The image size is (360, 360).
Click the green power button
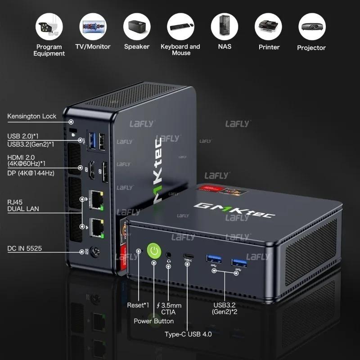click(154, 251)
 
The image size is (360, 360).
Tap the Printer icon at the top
click(269, 27)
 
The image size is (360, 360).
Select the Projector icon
click(312, 27)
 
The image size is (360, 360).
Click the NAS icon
click(225, 27)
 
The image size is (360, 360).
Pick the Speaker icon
click(137, 27)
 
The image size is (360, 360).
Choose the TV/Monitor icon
click(93, 27)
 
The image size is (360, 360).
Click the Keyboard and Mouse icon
click(180, 27)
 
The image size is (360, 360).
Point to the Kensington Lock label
click(32, 117)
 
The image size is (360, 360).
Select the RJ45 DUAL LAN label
click(23, 205)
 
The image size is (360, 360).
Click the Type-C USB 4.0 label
click(188, 334)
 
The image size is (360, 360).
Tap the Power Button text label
click(153, 321)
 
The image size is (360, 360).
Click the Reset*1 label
click(138, 306)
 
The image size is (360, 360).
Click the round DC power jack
click(95, 252)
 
